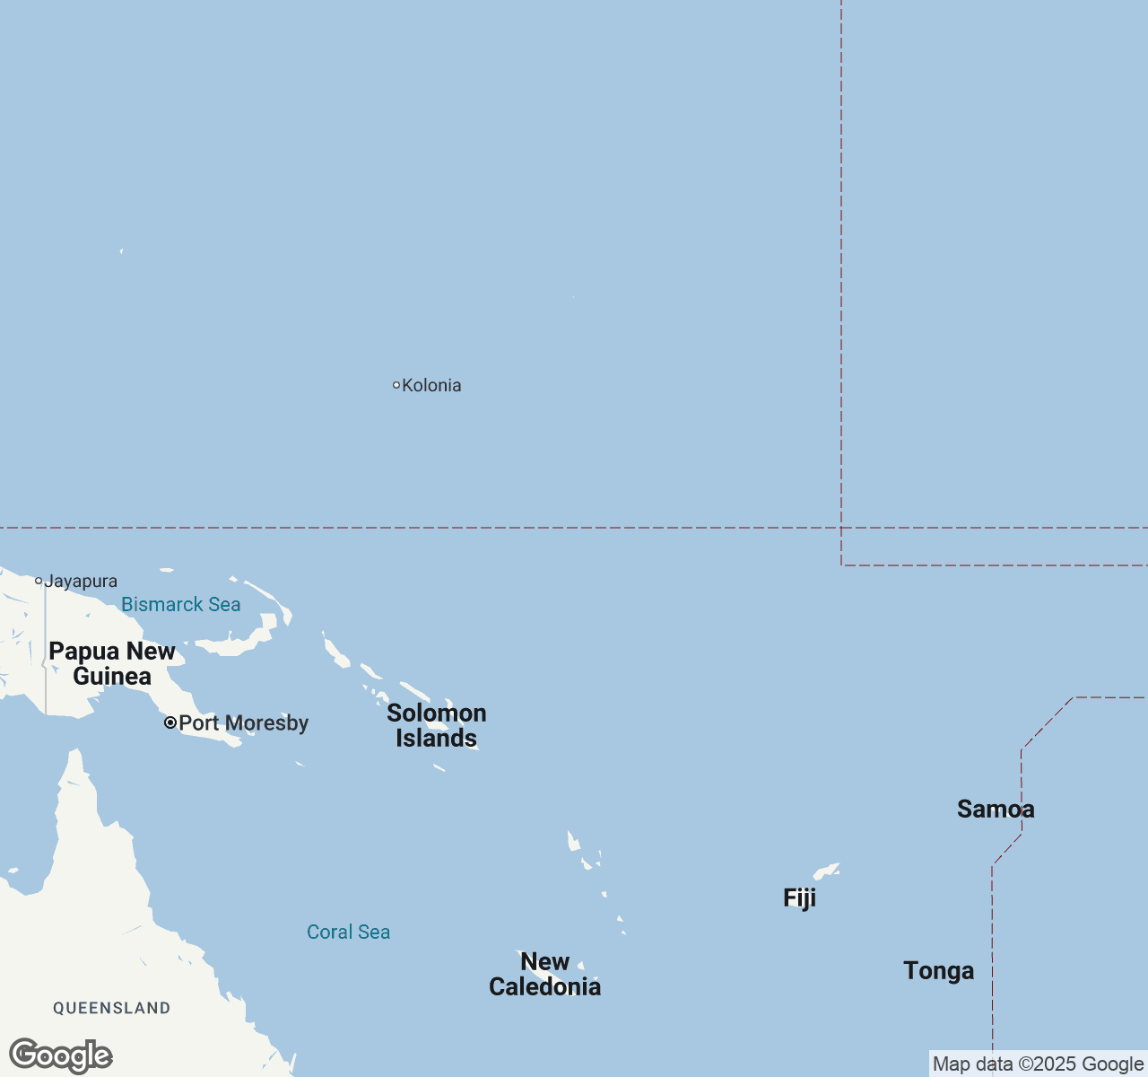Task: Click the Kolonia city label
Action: tap(431, 386)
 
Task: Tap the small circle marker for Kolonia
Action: tap(396, 385)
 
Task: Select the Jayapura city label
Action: tap(81, 582)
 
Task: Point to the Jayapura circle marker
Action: tap(39, 581)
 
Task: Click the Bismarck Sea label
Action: tap(180, 605)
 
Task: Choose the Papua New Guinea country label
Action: tap(112, 664)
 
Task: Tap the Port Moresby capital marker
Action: tap(170, 722)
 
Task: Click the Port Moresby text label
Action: tap(243, 723)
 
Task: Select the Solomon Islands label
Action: tap(437, 725)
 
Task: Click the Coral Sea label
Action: tap(348, 933)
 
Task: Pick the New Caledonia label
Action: tap(544, 975)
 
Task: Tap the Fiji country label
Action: tap(799, 898)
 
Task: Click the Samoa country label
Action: tap(996, 810)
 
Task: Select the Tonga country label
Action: tap(938, 971)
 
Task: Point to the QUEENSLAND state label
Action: tap(112, 1009)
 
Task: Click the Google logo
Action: tap(61, 1055)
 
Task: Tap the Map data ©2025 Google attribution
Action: tap(1038, 1064)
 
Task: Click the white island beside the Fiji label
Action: tap(825, 871)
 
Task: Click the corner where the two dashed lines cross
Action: tap(841, 528)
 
